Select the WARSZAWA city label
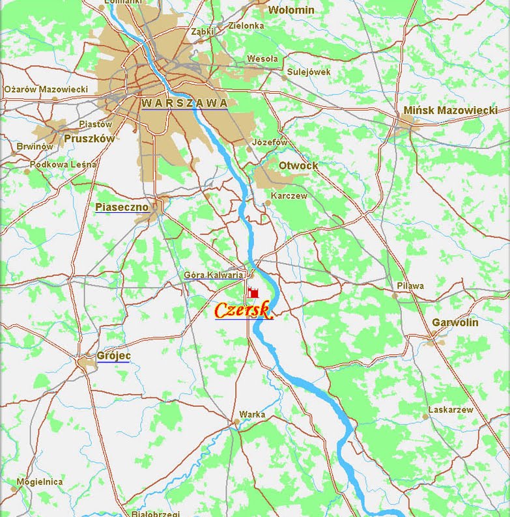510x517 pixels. pyautogui.click(x=184, y=103)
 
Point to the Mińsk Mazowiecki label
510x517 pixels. pyautogui.click(x=450, y=110)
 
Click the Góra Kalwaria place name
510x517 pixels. pyautogui.click(x=214, y=275)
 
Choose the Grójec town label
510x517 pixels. pyautogui.click(x=113, y=356)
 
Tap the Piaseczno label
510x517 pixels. pyautogui.click(x=121, y=207)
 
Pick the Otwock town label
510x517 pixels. pyautogui.click(x=298, y=165)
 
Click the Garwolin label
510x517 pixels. pyautogui.click(x=455, y=322)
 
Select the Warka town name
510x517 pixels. pyautogui.click(x=252, y=413)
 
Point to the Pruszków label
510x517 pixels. pyautogui.click(x=89, y=139)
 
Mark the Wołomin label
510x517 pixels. pyautogui.click(x=291, y=10)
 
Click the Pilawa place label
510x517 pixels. pyautogui.click(x=410, y=286)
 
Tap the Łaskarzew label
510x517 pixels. pyautogui.click(x=450, y=410)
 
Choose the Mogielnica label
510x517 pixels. pyautogui.click(x=40, y=482)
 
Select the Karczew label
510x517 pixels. pyautogui.click(x=289, y=195)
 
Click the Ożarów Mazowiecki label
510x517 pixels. pyautogui.click(x=46, y=89)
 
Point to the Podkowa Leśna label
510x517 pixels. pyautogui.click(x=63, y=165)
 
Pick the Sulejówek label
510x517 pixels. pyautogui.click(x=309, y=72)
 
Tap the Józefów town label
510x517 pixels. pyautogui.click(x=270, y=142)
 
